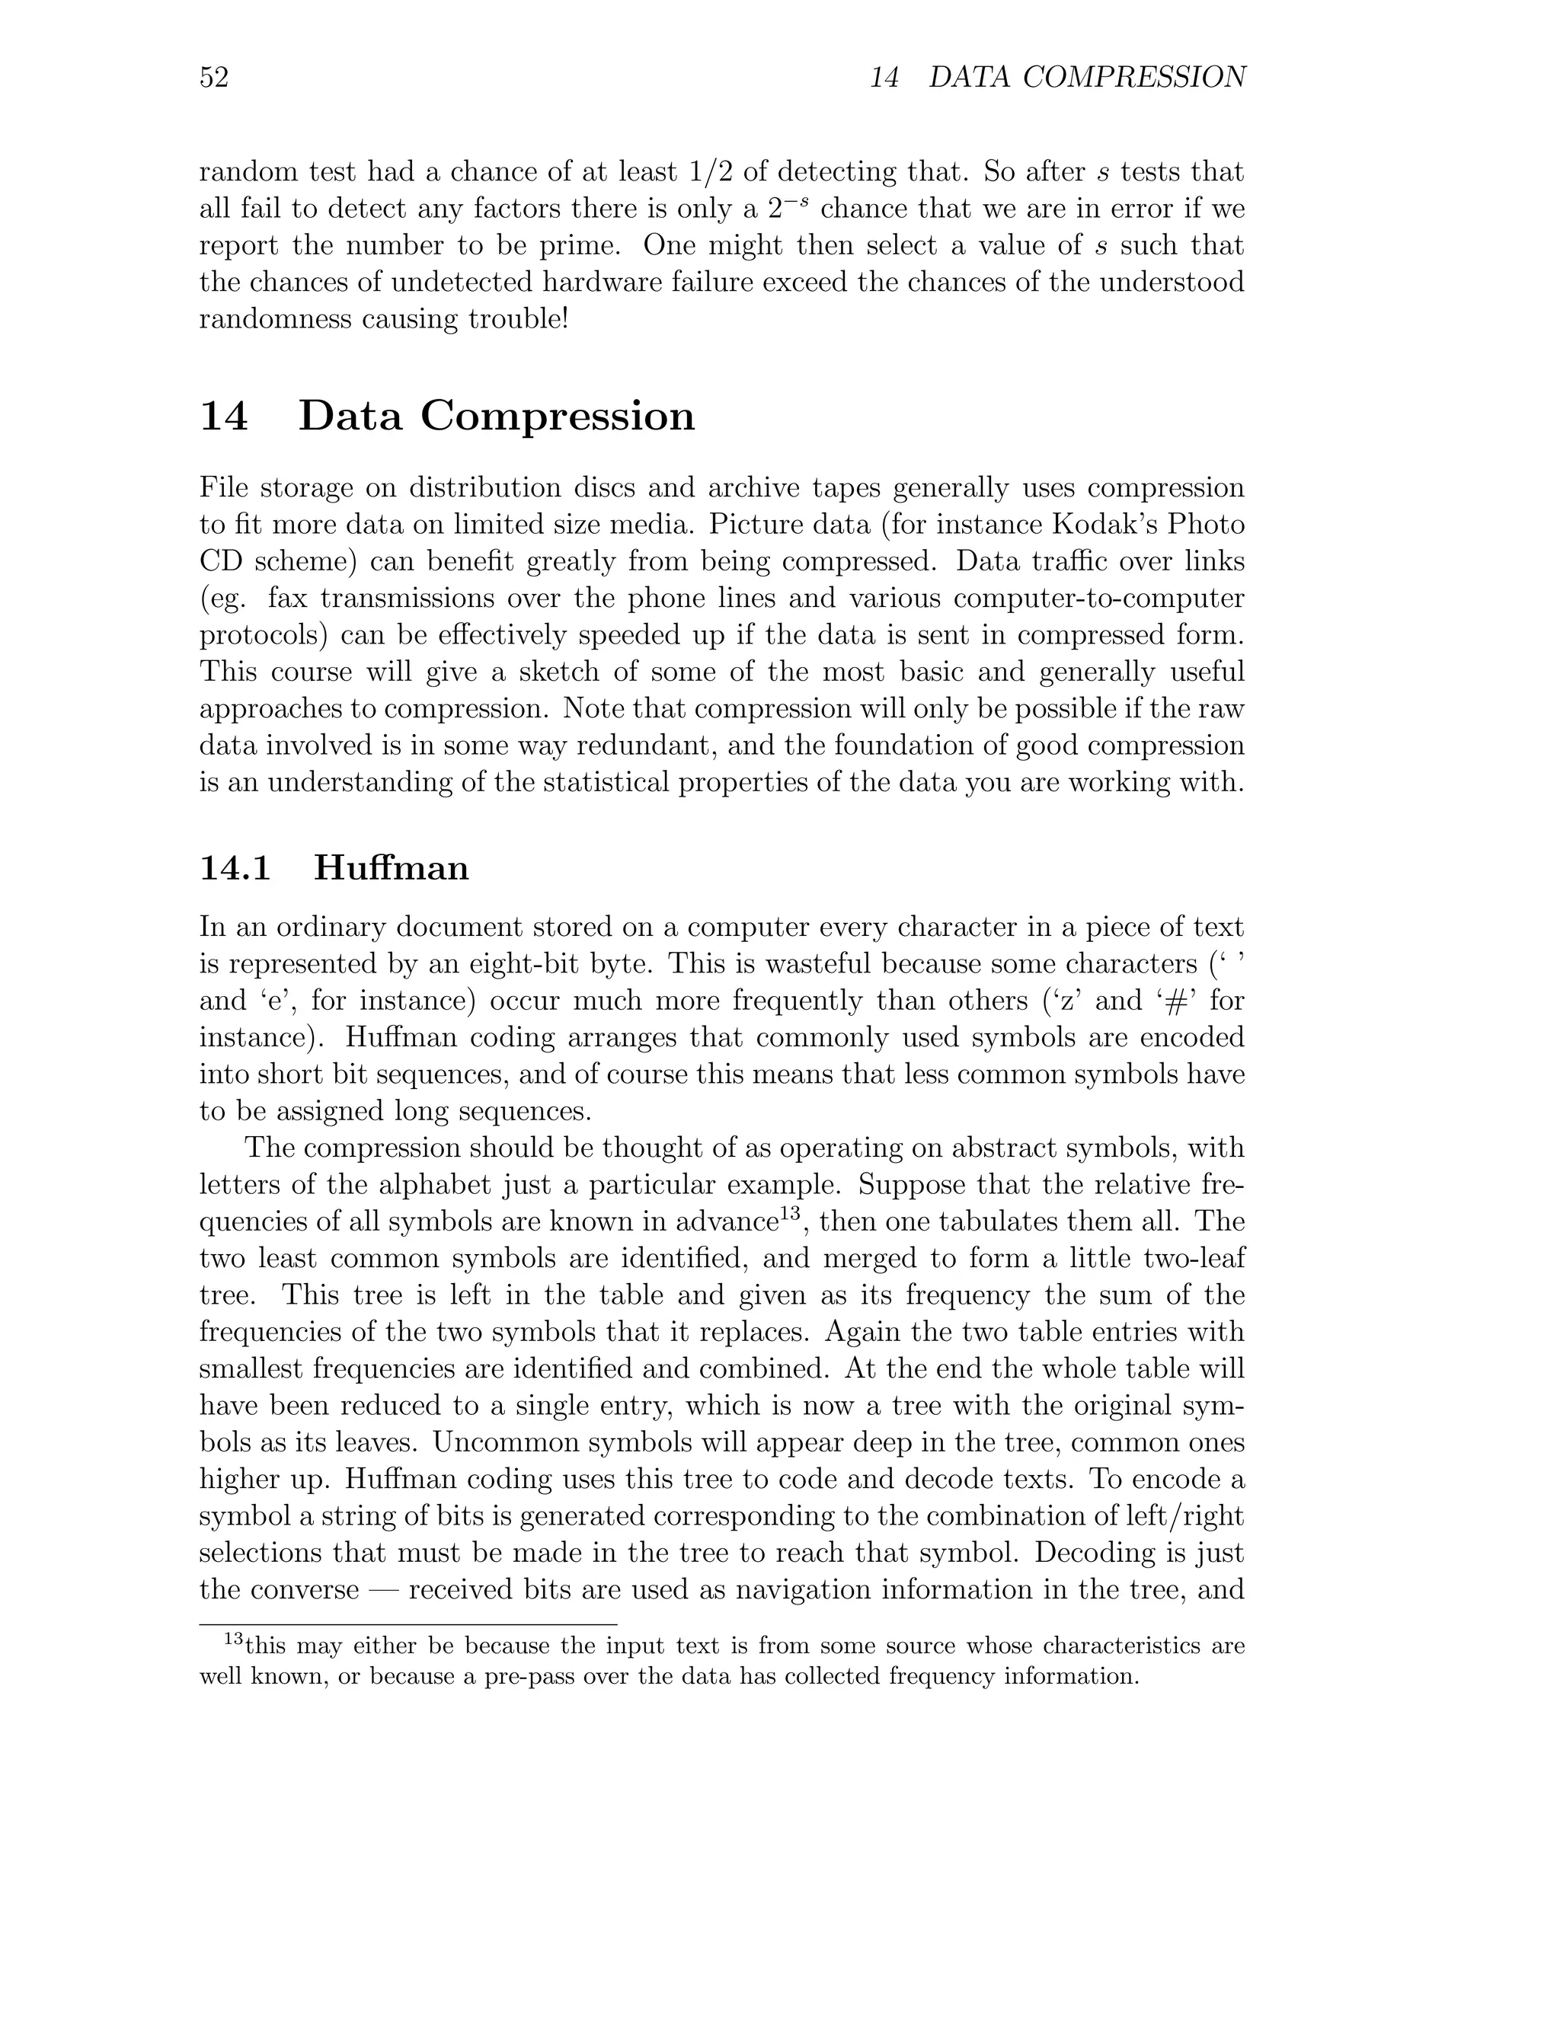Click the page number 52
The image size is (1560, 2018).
(x=213, y=78)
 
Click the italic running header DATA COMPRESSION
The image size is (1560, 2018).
(x=1087, y=78)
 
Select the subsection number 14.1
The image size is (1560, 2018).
(x=235, y=869)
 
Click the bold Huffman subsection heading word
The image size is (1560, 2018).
(x=391, y=869)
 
